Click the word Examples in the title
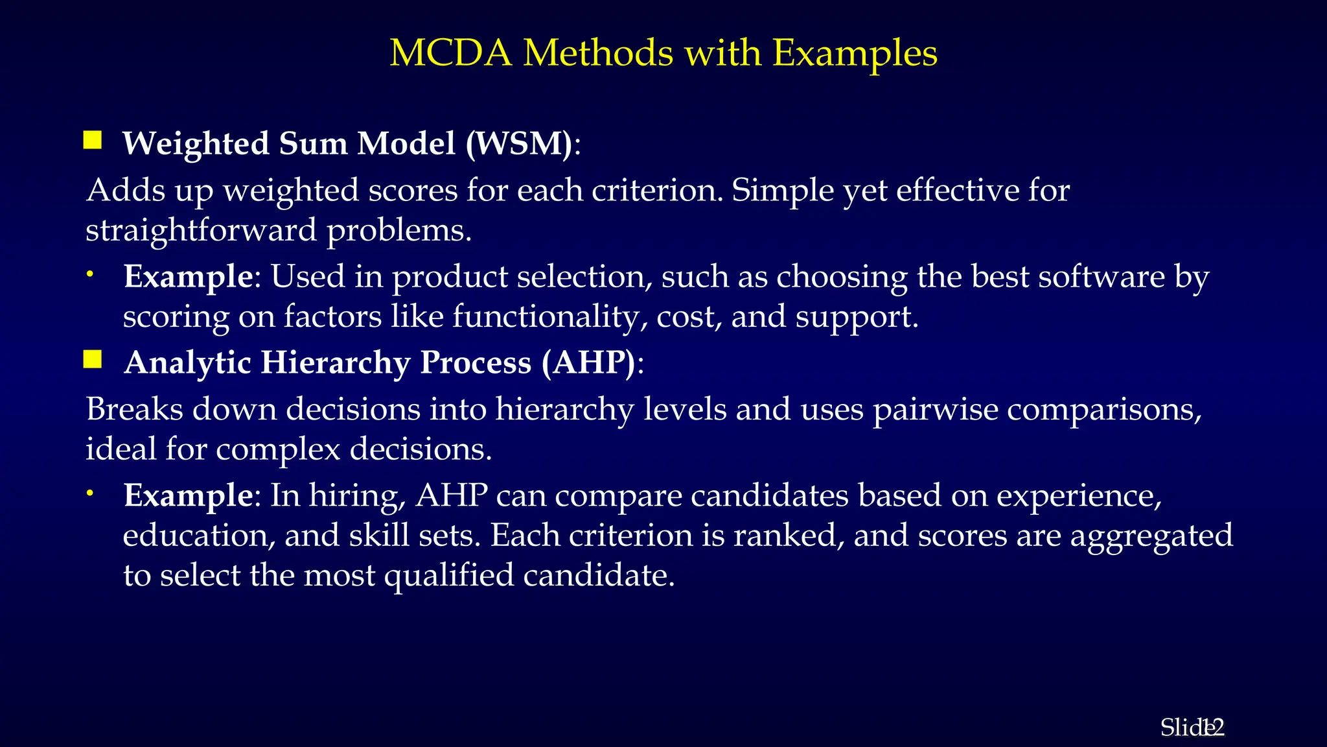click(855, 53)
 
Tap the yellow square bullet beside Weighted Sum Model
click(93, 140)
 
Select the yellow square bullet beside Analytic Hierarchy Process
click(93, 359)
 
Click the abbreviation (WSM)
click(519, 143)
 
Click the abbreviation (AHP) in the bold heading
click(588, 362)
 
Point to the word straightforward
click(201, 230)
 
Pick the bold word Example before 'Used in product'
click(188, 277)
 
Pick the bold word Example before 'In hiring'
click(188, 496)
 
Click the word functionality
click(549, 317)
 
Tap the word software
click(1101, 277)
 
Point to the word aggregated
click(1151, 536)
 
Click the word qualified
click(448, 576)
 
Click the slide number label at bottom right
click(1192, 728)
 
